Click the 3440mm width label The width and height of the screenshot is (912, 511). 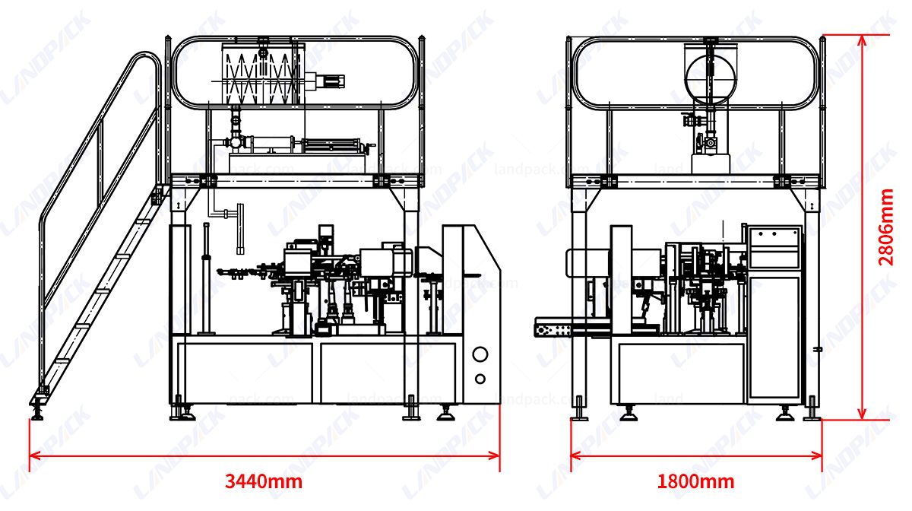point(264,481)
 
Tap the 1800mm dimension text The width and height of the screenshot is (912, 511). point(695,481)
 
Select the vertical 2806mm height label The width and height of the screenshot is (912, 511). point(886,227)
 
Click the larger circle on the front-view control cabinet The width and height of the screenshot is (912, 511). point(480,354)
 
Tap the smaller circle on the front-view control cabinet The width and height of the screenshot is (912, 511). point(480,379)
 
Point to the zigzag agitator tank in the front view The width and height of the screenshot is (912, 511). point(263,75)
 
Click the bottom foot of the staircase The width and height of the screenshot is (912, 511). point(37,410)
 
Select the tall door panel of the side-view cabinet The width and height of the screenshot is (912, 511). point(774,337)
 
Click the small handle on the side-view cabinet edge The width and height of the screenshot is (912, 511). point(818,349)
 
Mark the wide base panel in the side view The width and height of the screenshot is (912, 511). point(681,373)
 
